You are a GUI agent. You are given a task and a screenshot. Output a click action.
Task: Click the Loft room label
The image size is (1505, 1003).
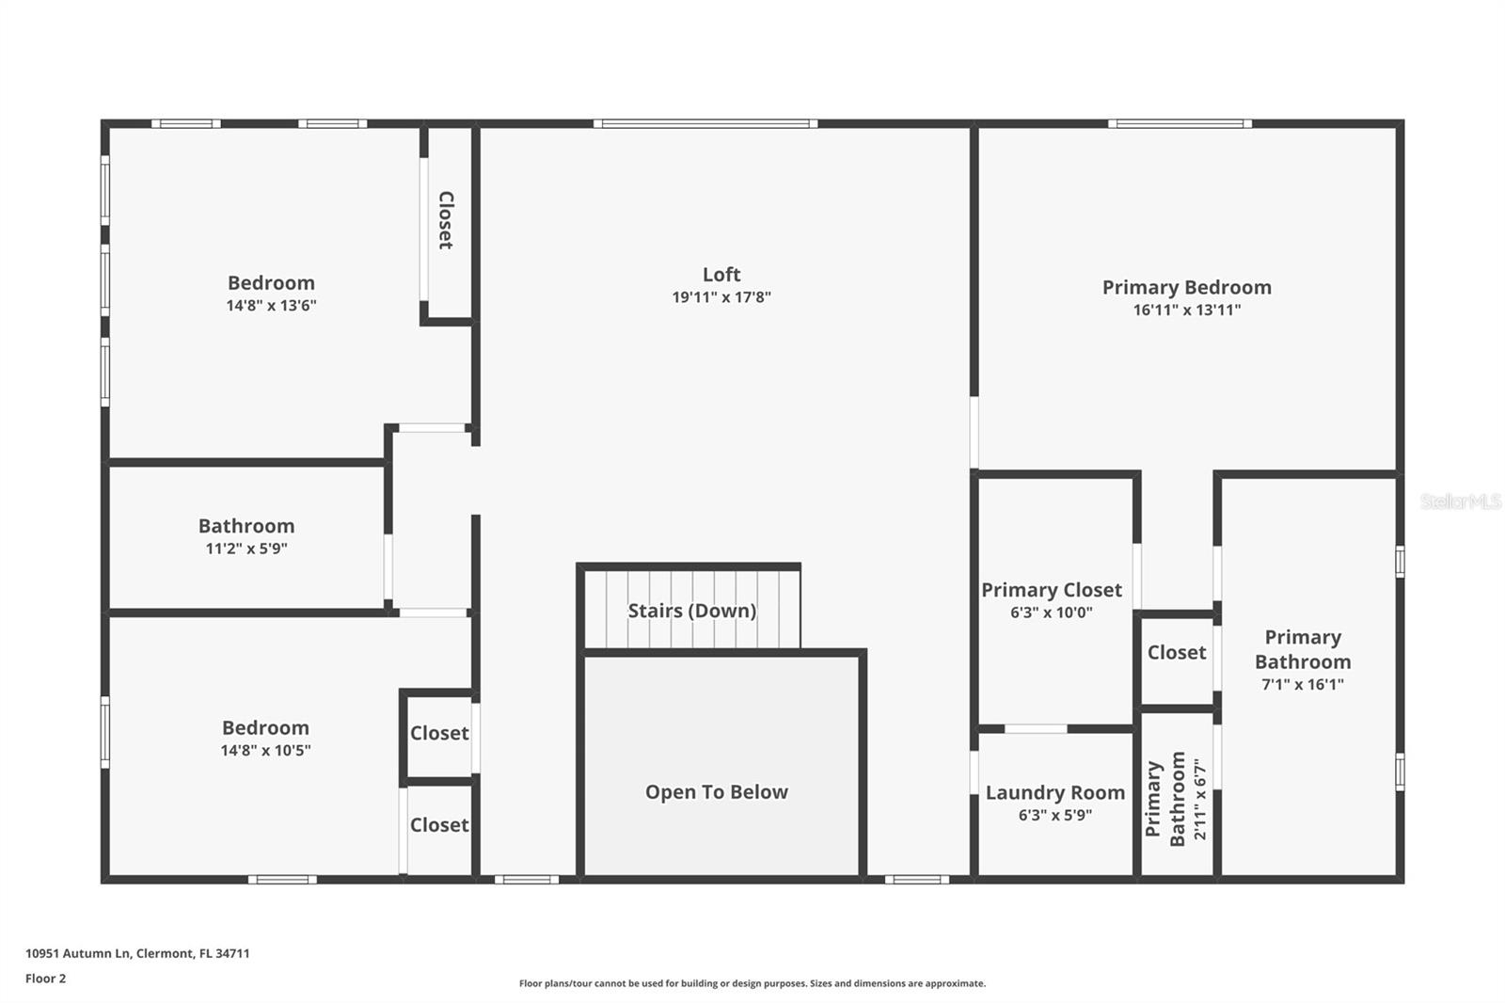721,275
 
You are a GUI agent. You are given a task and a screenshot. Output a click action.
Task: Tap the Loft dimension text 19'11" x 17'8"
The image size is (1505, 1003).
721,297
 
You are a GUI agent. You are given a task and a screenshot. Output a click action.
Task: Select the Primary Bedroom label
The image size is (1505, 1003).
1186,288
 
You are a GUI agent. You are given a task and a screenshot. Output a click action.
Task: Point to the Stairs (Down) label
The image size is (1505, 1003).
692,611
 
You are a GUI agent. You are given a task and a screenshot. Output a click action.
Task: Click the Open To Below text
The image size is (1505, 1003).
717,792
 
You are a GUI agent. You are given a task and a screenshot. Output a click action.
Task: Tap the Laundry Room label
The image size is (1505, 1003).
1055,793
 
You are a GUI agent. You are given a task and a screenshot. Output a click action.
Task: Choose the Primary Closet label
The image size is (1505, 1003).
1052,590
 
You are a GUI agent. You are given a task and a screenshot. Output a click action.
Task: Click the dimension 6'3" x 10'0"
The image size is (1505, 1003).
1052,613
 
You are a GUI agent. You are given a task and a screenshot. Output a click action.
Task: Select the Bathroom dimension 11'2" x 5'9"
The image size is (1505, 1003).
246,549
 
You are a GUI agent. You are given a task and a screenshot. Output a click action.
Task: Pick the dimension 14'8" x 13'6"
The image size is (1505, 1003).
271,306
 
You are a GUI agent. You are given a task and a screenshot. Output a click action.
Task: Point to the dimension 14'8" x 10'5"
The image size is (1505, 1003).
265,751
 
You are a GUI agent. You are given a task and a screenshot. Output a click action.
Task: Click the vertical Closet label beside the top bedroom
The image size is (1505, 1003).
446,220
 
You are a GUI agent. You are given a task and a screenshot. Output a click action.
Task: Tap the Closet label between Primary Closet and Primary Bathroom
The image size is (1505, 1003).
1177,653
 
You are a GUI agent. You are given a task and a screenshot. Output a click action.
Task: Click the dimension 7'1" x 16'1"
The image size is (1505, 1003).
1303,685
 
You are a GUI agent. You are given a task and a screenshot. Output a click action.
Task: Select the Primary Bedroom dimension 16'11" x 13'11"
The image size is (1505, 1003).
1186,310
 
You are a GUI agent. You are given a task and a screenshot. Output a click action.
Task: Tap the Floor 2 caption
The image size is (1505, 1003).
45,979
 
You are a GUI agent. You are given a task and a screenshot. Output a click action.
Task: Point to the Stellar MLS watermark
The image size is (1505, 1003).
1461,501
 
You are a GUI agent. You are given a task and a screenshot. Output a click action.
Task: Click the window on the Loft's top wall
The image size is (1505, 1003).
705,123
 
